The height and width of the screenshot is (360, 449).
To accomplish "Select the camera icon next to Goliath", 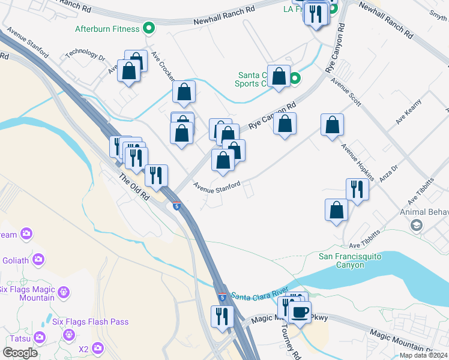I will pos(39,260).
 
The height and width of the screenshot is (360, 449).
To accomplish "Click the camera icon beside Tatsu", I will pos(40,337).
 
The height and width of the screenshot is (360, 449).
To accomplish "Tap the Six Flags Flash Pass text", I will pos(90,322).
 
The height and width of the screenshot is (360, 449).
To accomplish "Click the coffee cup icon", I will pos(300,311).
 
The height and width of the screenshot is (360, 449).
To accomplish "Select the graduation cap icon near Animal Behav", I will pos(415,225).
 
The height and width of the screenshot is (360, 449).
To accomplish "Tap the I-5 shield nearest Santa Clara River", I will pos(222,296).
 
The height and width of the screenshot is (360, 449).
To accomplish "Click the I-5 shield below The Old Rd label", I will pos(176,206).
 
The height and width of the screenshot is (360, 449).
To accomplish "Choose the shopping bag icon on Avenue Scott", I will pos(332,125).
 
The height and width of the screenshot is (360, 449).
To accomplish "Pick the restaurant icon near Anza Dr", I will pos(357,189).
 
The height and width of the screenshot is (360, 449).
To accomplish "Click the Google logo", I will pos(20,352).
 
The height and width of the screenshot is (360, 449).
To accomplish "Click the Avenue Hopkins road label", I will pos(358,162).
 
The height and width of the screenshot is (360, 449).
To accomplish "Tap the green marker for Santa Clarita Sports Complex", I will pos(295,79).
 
